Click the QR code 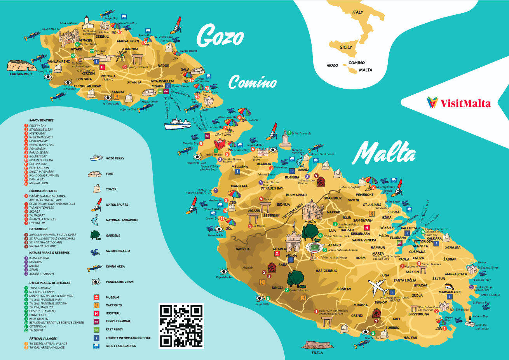click(181, 326)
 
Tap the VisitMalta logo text click(465, 103)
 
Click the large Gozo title click(220, 36)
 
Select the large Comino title click(253, 82)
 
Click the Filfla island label click(317, 353)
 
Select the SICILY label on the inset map click(346, 47)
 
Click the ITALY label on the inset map click(358, 12)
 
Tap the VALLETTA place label click(408, 229)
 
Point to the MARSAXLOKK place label click(450, 292)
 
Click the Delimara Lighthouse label click(481, 327)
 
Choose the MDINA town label click(291, 256)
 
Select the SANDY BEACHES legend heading click(41, 121)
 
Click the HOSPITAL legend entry click(113, 313)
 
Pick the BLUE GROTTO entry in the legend click(39, 319)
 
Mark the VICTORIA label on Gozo click(108, 76)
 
